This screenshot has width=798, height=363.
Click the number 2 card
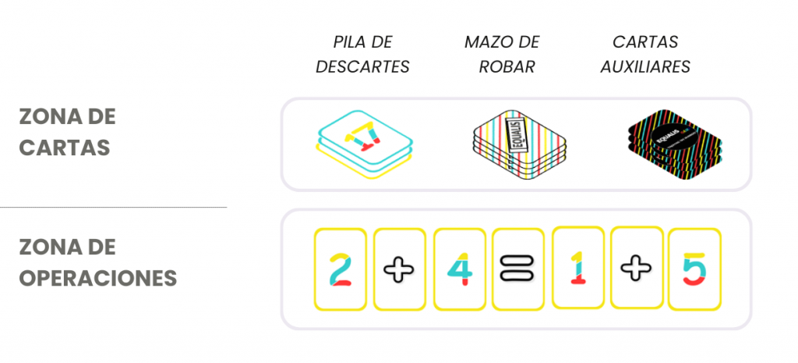point(340,269)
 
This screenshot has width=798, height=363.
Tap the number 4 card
point(459,269)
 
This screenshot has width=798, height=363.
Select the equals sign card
point(518,269)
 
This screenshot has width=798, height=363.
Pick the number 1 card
point(577,268)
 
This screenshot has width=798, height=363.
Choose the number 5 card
point(694,269)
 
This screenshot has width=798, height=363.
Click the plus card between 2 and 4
point(400,269)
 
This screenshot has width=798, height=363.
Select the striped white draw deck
point(518,145)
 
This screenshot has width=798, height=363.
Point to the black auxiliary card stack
point(674,145)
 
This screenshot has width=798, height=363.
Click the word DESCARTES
point(362,67)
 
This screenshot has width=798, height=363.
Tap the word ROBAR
point(507,67)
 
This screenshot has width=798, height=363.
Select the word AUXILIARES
point(645,67)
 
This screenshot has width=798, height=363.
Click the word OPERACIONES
point(98,278)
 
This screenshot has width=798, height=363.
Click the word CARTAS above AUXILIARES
point(645,42)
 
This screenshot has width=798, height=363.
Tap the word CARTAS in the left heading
point(65,148)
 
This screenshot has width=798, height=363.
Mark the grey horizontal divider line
point(113,208)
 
